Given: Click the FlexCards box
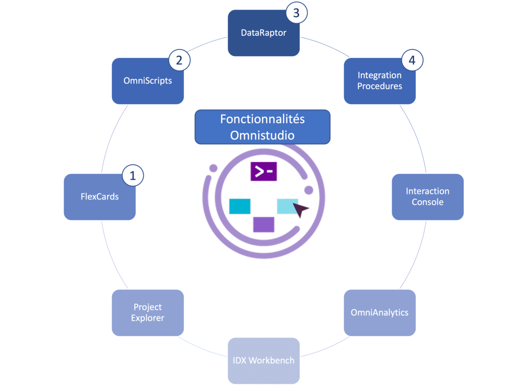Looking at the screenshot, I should click(99, 197).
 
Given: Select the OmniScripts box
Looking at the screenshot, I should click(147, 81).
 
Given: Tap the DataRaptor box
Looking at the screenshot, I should click(264, 33).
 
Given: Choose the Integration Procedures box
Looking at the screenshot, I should click(379, 81).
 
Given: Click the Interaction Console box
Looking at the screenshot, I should click(427, 197).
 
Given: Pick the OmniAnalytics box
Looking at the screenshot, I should click(379, 312).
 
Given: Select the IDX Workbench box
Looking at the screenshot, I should click(264, 361).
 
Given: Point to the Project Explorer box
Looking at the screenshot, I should click(147, 312).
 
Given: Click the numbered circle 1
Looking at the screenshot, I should click(133, 176).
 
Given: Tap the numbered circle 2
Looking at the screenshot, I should click(179, 61).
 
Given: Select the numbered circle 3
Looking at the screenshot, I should click(296, 13).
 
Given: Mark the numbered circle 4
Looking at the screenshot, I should click(412, 61).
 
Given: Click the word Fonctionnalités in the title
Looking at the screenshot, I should click(262, 120).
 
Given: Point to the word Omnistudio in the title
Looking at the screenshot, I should click(262, 135).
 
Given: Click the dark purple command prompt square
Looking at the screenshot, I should click(264, 172).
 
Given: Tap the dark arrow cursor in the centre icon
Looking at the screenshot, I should click(301, 211).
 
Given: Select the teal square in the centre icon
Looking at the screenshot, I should click(240, 206).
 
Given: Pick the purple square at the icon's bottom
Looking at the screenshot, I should click(264, 224).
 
